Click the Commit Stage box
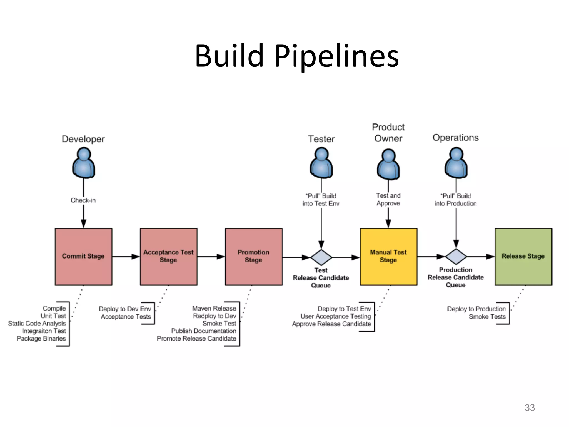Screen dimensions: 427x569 pyautogui.click(x=83, y=256)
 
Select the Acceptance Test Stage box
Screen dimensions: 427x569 pyautogui.click(x=168, y=256)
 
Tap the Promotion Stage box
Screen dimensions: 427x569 pyautogui.click(x=253, y=256)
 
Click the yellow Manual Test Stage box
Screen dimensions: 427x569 pyautogui.click(x=388, y=256)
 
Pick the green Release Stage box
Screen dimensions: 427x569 pyautogui.click(x=523, y=256)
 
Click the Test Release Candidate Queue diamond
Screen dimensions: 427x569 pyautogui.click(x=321, y=257)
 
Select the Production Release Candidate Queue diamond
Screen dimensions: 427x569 pyautogui.click(x=456, y=256)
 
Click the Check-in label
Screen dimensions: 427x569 pyautogui.click(x=83, y=200)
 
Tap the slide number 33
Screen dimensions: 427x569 pyautogui.click(x=530, y=408)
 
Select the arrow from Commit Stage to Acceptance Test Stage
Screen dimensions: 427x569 pyautogui.click(x=126, y=256)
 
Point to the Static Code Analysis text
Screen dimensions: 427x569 pyautogui.click(x=37, y=323)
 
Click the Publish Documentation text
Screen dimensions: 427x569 pyautogui.click(x=203, y=331)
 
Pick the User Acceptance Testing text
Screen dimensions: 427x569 pyautogui.click(x=335, y=316)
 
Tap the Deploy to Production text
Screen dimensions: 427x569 pyautogui.click(x=476, y=309)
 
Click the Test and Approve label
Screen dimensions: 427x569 pyautogui.click(x=388, y=199)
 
